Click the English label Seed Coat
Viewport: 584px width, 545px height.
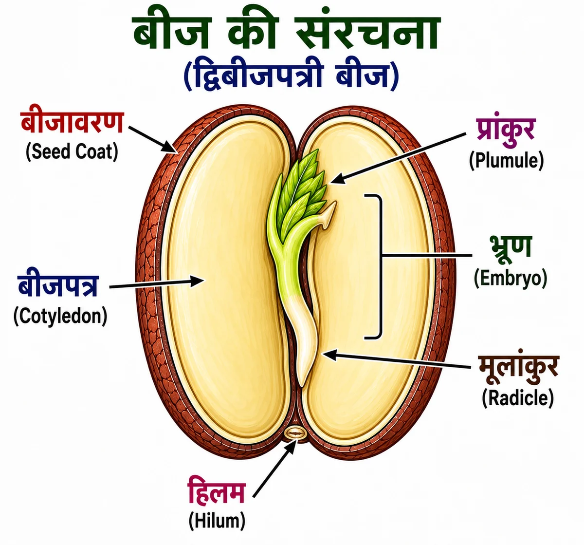72,152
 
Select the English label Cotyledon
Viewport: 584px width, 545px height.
60,316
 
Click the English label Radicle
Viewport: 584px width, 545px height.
518,398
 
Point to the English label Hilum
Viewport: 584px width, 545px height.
217,521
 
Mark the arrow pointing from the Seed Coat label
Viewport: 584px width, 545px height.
153,139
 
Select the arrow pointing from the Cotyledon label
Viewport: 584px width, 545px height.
156,283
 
